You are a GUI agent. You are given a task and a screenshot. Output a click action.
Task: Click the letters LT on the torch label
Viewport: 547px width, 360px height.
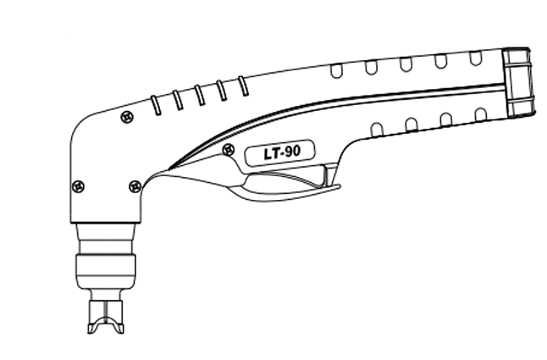[x=272, y=153]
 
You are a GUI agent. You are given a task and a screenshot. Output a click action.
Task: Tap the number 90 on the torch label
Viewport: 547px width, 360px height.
[x=292, y=152]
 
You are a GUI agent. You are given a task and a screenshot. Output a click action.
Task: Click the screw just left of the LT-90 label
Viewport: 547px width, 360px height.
[x=228, y=150]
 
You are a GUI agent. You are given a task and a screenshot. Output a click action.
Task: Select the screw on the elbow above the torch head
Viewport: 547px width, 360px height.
[x=127, y=117]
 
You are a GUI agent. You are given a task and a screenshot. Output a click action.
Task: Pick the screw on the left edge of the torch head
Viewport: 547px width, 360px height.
[x=78, y=186]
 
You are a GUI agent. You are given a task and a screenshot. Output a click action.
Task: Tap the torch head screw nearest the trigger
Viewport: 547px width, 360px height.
[x=135, y=186]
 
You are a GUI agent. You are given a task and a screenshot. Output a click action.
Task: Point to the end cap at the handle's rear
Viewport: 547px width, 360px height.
[x=519, y=82]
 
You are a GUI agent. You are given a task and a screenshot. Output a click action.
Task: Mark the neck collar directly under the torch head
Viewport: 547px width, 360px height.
[x=106, y=239]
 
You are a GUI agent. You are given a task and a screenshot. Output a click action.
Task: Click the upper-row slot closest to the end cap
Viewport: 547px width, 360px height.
[x=476, y=58]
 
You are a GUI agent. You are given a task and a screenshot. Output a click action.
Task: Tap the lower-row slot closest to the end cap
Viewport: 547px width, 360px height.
[x=481, y=114]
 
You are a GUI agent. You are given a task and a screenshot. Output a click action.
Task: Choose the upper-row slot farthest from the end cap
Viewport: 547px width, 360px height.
[x=336, y=71]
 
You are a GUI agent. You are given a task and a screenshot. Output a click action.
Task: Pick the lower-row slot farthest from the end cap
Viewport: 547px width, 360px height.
[x=376, y=130]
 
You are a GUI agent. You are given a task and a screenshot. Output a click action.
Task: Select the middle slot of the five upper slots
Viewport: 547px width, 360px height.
[x=406, y=64]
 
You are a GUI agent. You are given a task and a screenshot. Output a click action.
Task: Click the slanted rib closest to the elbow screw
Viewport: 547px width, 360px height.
[x=156, y=105]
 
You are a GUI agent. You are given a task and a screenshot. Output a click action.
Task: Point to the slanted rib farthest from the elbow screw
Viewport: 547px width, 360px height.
[x=243, y=86]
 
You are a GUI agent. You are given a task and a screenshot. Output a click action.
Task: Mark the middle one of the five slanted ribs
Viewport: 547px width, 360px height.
[x=200, y=95]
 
